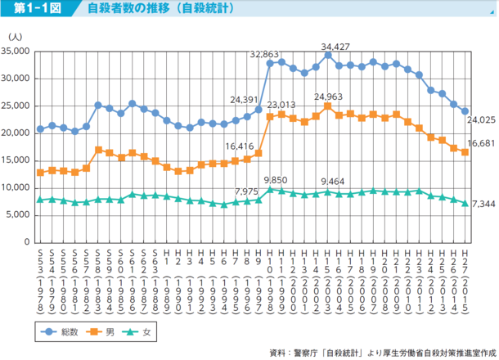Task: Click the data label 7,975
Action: click(247, 191)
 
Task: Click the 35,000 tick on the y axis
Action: click(16, 51)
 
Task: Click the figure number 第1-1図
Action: click(35, 10)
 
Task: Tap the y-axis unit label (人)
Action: click(16, 37)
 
